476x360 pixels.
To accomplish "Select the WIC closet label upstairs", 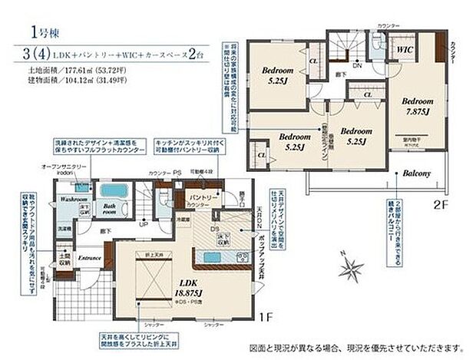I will click(406, 48).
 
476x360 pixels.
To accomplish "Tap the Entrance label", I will click(91, 258).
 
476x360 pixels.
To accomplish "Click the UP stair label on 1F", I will click(144, 225).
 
